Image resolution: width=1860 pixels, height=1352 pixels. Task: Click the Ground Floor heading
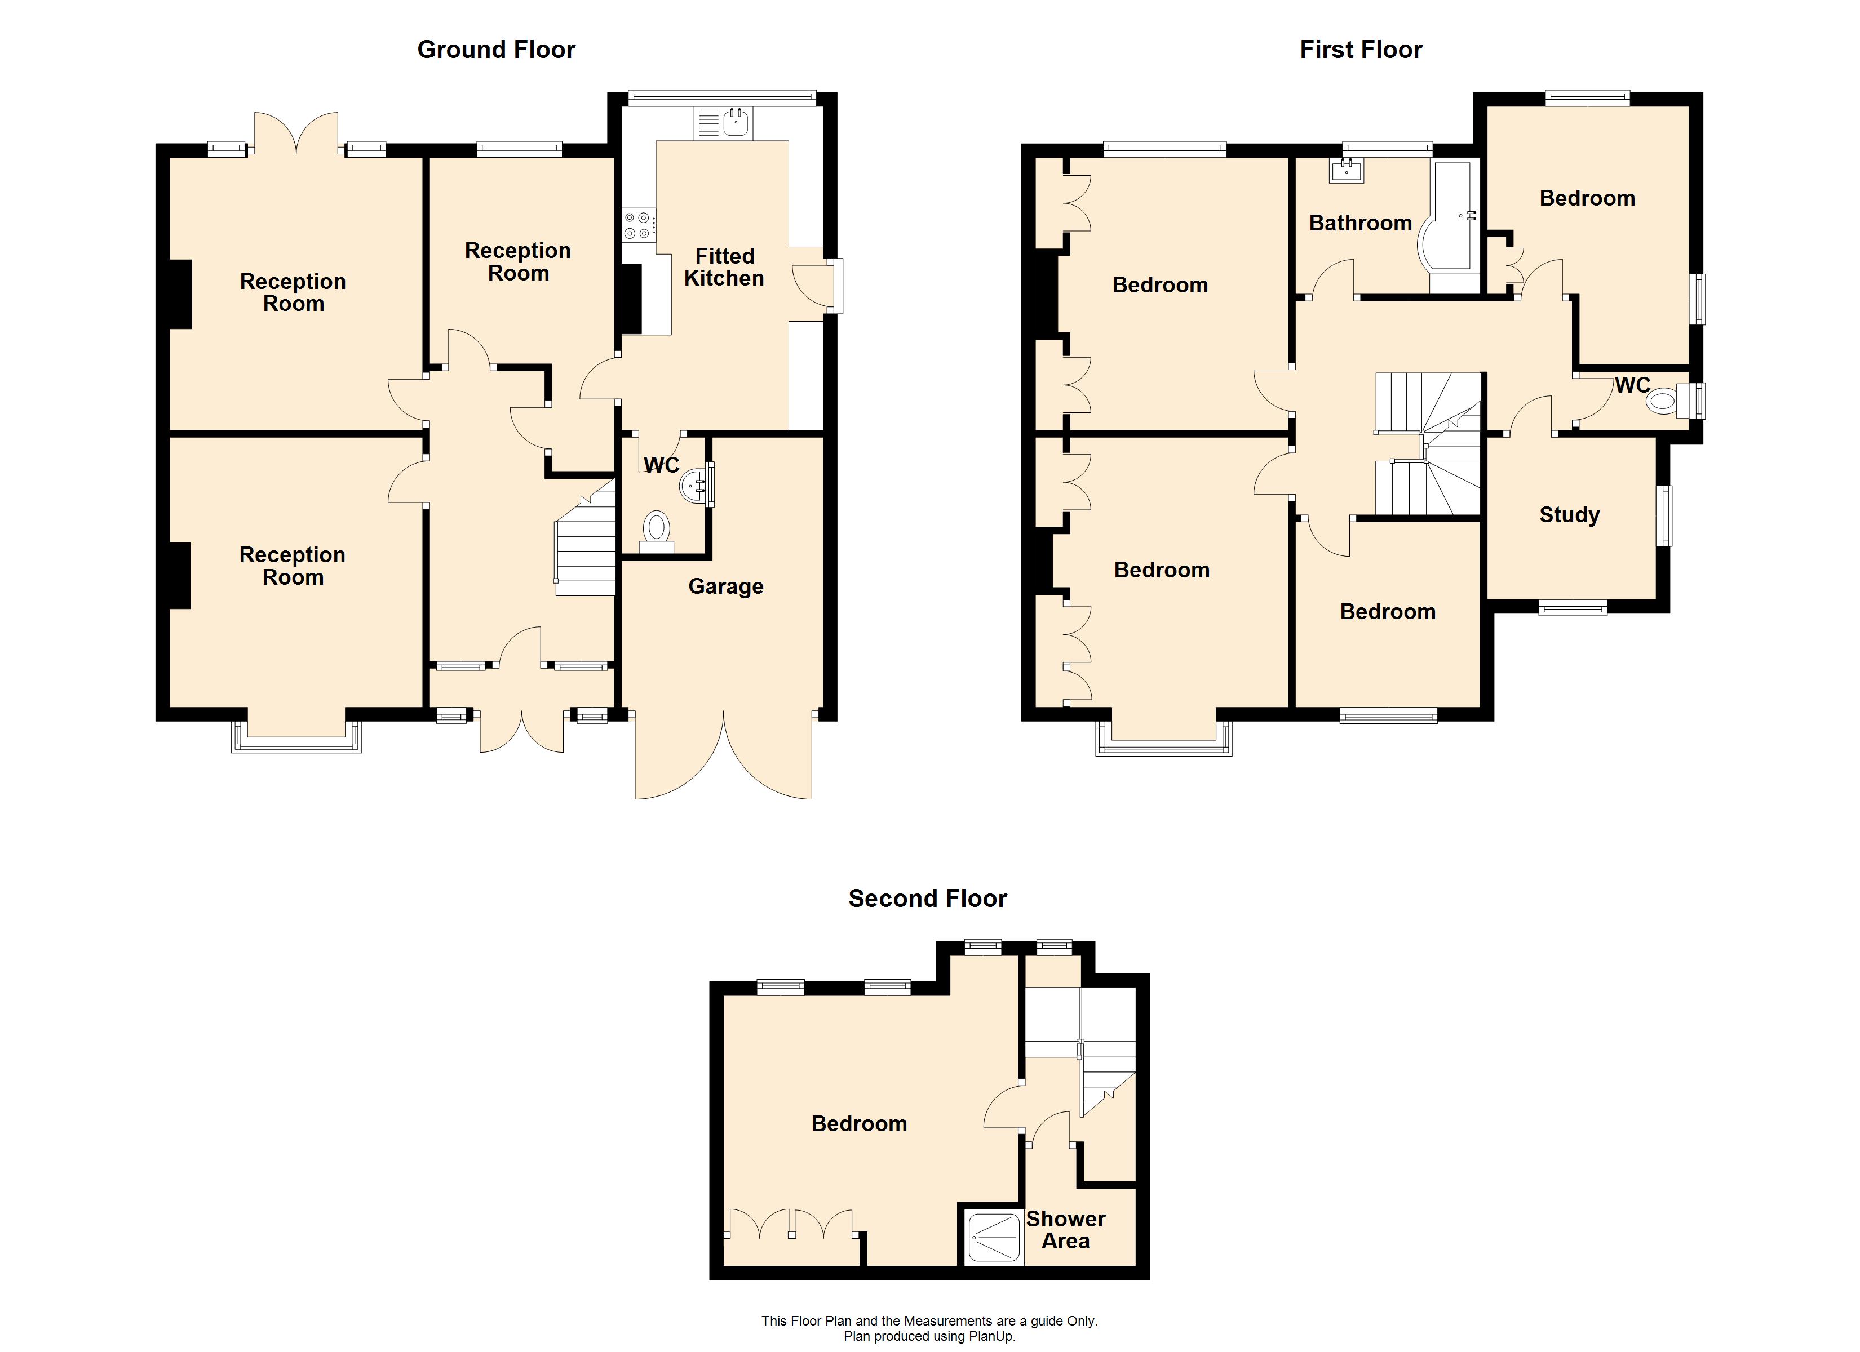pyautogui.click(x=496, y=50)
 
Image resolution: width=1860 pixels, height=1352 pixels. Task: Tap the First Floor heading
pyautogui.click(x=1361, y=50)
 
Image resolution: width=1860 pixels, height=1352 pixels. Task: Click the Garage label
pyautogui.click(x=726, y=586)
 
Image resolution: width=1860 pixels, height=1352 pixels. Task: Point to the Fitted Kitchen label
pyautogui.click(x=724, y=267)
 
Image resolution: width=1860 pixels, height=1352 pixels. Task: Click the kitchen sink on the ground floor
pyautogui.click(x=725, y=123)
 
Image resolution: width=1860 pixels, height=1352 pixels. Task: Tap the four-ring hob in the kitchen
pyautogui.click(x=639, y=225)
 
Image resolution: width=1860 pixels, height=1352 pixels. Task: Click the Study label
pyautogui.click(x=1569, y=515)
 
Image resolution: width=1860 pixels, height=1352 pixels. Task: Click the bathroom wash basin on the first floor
pyautogui.click(x=1347, y=171)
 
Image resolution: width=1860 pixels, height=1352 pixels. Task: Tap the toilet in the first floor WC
pyautogui.click(x=1667, y=401)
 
